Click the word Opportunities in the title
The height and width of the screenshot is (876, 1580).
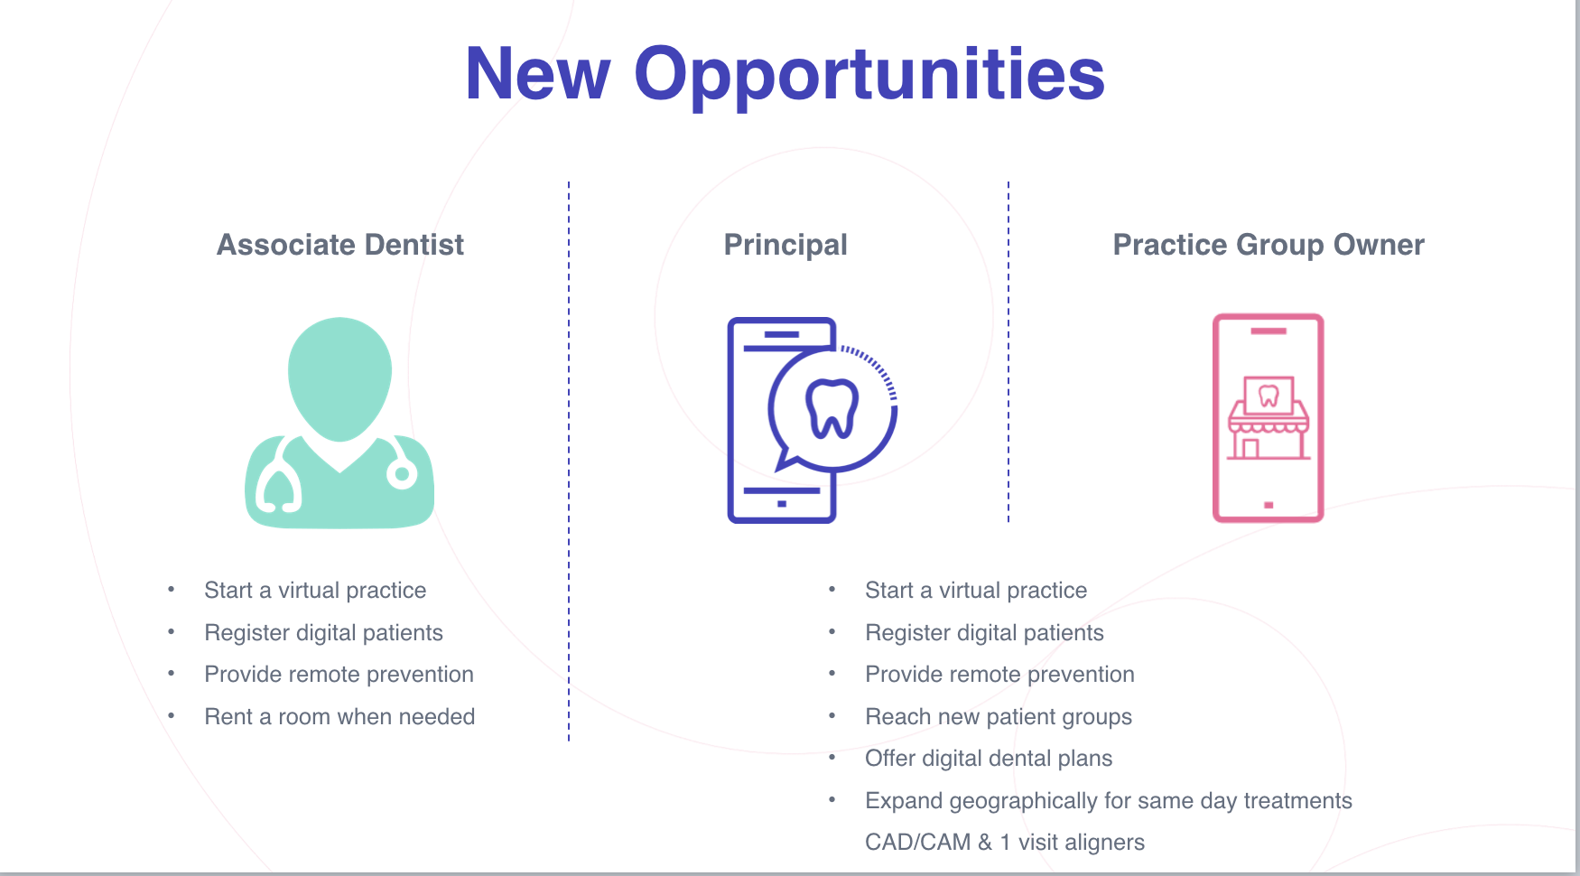[x=869, y=76]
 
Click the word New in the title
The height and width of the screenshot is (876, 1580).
[x=538, y=74]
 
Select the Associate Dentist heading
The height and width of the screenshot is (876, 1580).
[x=340, y=245]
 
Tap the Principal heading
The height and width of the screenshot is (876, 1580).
[x=785, y=246]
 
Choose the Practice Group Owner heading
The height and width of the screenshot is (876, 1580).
[x=1269, y=246]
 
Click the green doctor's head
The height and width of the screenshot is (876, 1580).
[x=339, y=377]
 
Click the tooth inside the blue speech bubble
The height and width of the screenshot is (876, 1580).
[x=832, y=408]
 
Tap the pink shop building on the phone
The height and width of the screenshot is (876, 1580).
[x=1269, y=417]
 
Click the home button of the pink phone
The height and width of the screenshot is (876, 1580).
[x=1269, y=505]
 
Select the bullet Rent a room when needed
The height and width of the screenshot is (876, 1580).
[x=339, y=717]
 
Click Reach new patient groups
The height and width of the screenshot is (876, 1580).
[x=999, y=717]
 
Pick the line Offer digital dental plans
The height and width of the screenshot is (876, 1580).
[x=989, y=759]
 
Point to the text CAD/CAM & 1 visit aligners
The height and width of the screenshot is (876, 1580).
[x=1005, y=843]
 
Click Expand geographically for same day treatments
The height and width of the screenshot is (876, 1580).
[x=1109, y=801]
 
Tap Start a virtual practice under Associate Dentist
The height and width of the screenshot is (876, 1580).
[x=315, y=591]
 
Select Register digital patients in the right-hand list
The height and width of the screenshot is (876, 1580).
[x=984, y=633]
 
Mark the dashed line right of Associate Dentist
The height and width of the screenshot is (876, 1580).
[x=569, y=461]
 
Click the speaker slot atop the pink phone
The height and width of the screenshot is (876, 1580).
[x=1269, y=331]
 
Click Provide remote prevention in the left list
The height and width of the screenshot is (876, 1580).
[x=339, y=675]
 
